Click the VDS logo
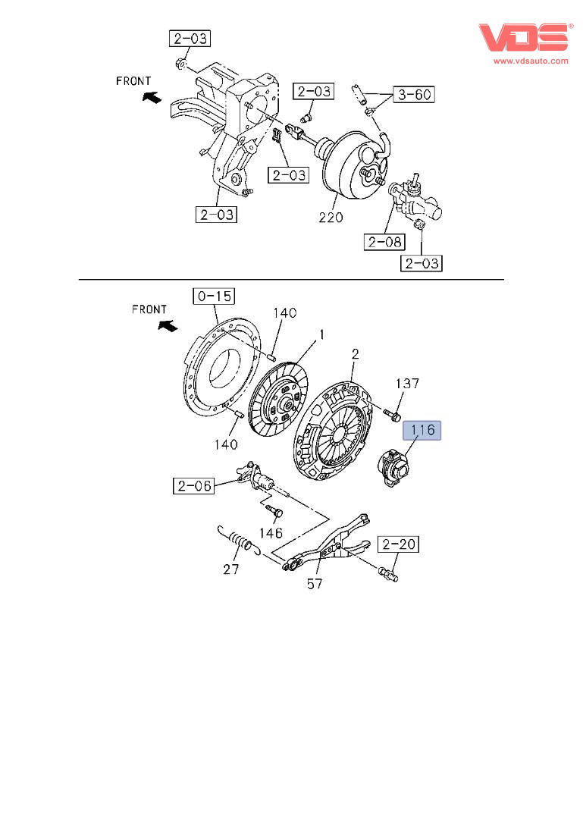(x=523, y=39)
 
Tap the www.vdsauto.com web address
(x=531, y=61)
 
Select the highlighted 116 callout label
(x=422, y=431)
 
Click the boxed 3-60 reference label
(x=415, y=95)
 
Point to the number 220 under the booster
(x=331, y=217)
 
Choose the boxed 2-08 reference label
(x=384, y=242)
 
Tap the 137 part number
(x=406, y=384)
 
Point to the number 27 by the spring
(x=231, y=569)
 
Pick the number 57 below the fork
(x=315, y=583)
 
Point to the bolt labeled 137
(x=393, y=414)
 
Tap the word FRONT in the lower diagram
(x=149, y=309)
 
